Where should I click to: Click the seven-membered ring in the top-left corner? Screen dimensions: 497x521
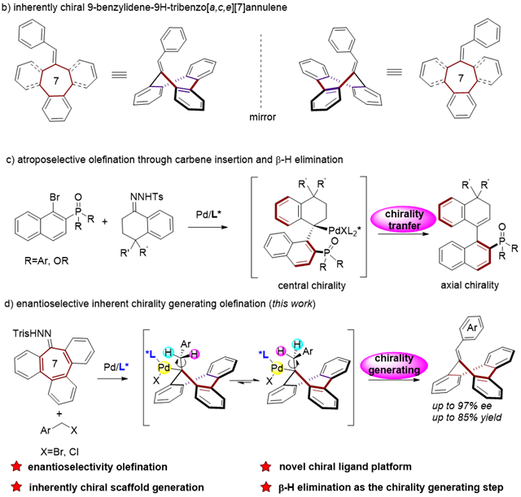tap(56, 81)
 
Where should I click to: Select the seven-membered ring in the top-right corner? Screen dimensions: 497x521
tap(461, 77)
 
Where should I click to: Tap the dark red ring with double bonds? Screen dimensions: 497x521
tap(55, 363)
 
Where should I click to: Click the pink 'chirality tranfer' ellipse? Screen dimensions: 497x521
tap(403, 219)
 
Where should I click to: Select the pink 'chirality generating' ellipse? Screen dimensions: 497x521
tap(394, 364)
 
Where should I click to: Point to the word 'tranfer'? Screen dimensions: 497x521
tap(404, 225)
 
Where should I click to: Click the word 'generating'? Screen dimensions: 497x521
tap(394, 370)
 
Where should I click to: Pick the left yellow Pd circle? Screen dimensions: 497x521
tap(164, 368)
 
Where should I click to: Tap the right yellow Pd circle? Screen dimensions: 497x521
tap(277, 368)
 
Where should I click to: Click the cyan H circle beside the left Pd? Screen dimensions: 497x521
tap(169, 352)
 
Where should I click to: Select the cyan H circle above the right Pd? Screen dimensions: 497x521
tap(297, 344)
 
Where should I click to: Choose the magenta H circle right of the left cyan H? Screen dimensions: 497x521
tap(195, 354)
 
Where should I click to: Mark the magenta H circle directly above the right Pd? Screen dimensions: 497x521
tap(281, 351)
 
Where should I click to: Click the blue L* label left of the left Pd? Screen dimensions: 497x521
tap(124, 367)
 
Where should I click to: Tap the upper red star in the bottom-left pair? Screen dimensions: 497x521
tap(16, 466)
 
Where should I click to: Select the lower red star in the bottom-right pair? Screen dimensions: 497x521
tap(265, 486)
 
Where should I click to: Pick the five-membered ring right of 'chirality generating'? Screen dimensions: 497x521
tap(483, 372)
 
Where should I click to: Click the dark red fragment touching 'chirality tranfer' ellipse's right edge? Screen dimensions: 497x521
tap(444, 211)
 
